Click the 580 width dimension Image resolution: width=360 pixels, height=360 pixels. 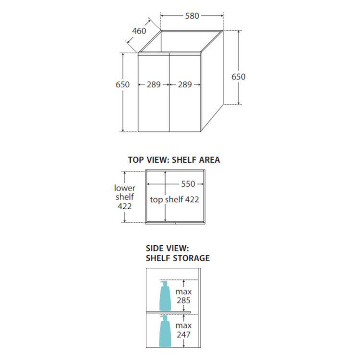[192, 16]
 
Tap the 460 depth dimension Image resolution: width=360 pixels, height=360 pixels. [139, 31]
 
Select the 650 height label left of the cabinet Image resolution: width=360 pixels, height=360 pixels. [122, 84]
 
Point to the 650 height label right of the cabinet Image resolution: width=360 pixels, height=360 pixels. [238, 77]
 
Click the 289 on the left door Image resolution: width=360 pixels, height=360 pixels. [154, 84]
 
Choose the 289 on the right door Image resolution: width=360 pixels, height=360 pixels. [185, 84]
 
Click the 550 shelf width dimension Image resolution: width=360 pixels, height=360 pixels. [188, 184]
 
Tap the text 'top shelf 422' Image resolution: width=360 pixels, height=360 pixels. [175, 200]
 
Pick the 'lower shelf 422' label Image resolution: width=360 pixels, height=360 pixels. [125, 197]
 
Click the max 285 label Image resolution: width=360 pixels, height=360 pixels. [183, 296]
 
